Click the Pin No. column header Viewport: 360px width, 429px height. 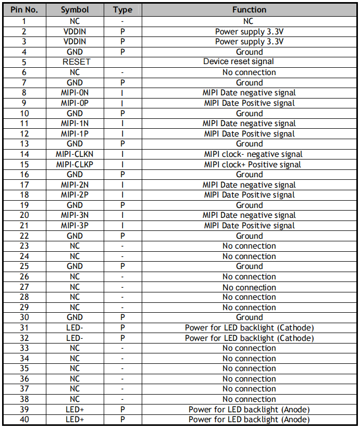coord(24,10)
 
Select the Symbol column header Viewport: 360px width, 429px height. coord(75,10)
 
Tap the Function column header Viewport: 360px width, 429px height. coord(249,10)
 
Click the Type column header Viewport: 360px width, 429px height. coord(122,10)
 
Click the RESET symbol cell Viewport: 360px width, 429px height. coord(75,62)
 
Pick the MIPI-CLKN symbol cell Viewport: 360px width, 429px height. coord(75,154)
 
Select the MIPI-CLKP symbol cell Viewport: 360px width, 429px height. coord(75,165)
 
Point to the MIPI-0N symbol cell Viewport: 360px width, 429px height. coord(75,93)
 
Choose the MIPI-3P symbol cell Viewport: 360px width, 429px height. coord(75,226)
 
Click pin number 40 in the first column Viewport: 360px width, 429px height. coord(24,420)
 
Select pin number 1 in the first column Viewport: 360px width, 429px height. coord(24,21)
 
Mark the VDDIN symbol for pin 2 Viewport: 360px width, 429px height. coord(75,31)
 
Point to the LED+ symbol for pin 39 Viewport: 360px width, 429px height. coord(75,410)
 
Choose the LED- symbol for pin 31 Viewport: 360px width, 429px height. coord(75,328)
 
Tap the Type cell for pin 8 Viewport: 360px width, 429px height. coord(122,93)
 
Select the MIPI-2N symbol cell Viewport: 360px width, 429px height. coord(75,185)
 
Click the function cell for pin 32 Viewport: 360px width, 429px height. coord(249,338)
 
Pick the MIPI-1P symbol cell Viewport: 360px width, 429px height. coord(75,134)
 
